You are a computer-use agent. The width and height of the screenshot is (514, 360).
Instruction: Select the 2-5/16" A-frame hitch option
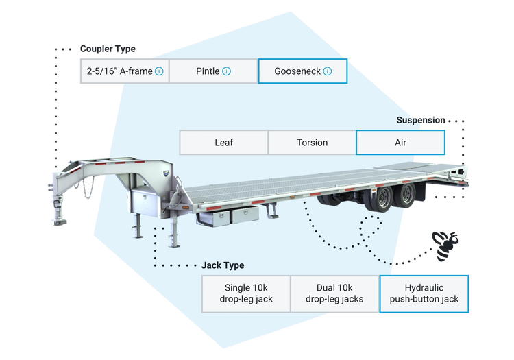coord(124,71)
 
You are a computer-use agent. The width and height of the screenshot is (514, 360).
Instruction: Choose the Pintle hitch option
coord(213,71)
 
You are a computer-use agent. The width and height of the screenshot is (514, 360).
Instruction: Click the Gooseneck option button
coord(302,71)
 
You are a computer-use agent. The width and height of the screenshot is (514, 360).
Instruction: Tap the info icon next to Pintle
coord(227,71)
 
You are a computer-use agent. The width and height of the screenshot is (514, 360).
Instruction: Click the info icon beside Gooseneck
coord(328,71)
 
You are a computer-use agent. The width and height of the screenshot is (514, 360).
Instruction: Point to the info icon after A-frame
coord(159,71)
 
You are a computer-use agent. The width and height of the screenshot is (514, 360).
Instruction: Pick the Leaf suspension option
coord(223,143)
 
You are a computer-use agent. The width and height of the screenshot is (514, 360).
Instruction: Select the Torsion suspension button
coord(312,143)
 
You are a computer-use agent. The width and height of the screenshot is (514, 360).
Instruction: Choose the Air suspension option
coord(400,143)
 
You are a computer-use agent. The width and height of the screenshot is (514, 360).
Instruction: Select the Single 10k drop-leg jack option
coord(248,293)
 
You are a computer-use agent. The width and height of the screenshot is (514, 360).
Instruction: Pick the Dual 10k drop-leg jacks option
coord(335,293)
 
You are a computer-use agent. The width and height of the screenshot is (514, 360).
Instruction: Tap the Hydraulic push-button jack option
coord(424,293)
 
